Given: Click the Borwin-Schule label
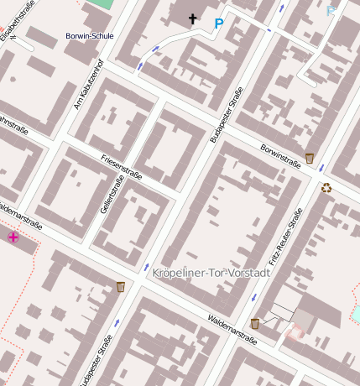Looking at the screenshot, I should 89,36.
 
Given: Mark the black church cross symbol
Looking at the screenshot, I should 192,18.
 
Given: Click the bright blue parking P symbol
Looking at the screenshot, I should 219,24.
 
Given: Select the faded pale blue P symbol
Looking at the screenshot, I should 331,12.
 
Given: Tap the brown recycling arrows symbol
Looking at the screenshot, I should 326,188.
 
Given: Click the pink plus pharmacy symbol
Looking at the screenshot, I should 13,237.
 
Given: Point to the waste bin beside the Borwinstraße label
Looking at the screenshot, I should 310,158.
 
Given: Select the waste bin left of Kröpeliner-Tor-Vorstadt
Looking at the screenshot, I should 121,287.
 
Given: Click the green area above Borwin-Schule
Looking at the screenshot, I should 101,4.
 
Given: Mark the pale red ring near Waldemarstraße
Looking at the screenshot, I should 294,332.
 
